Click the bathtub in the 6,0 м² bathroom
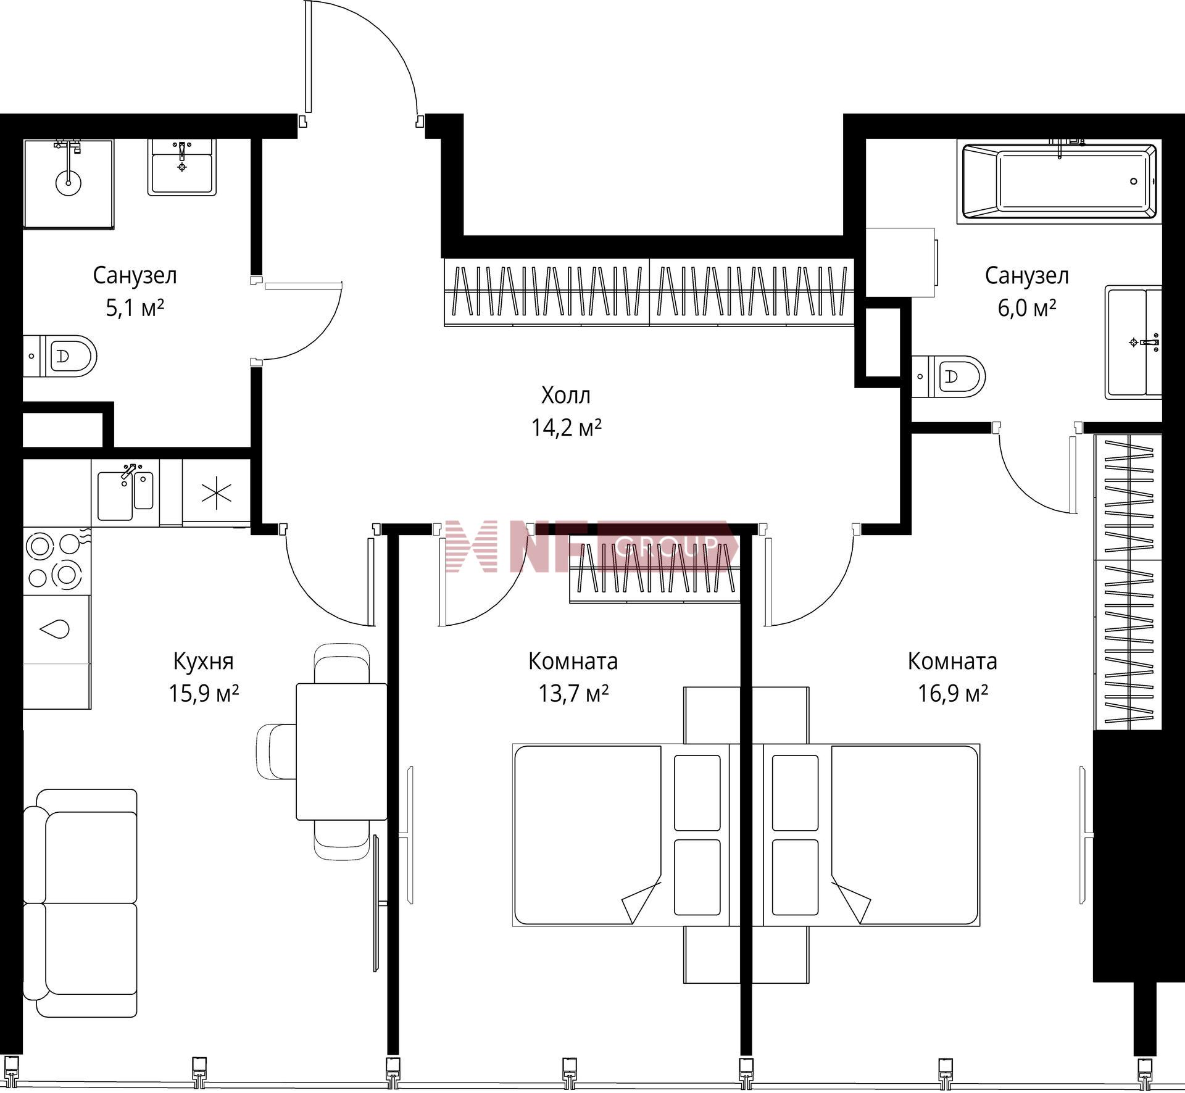pos(1059,181)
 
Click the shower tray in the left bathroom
pos(69,183)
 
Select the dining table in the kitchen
pos(341,751)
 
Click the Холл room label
pos(565,396)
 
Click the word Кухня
pos(204,662)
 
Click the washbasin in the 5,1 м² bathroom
pos(182,167)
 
